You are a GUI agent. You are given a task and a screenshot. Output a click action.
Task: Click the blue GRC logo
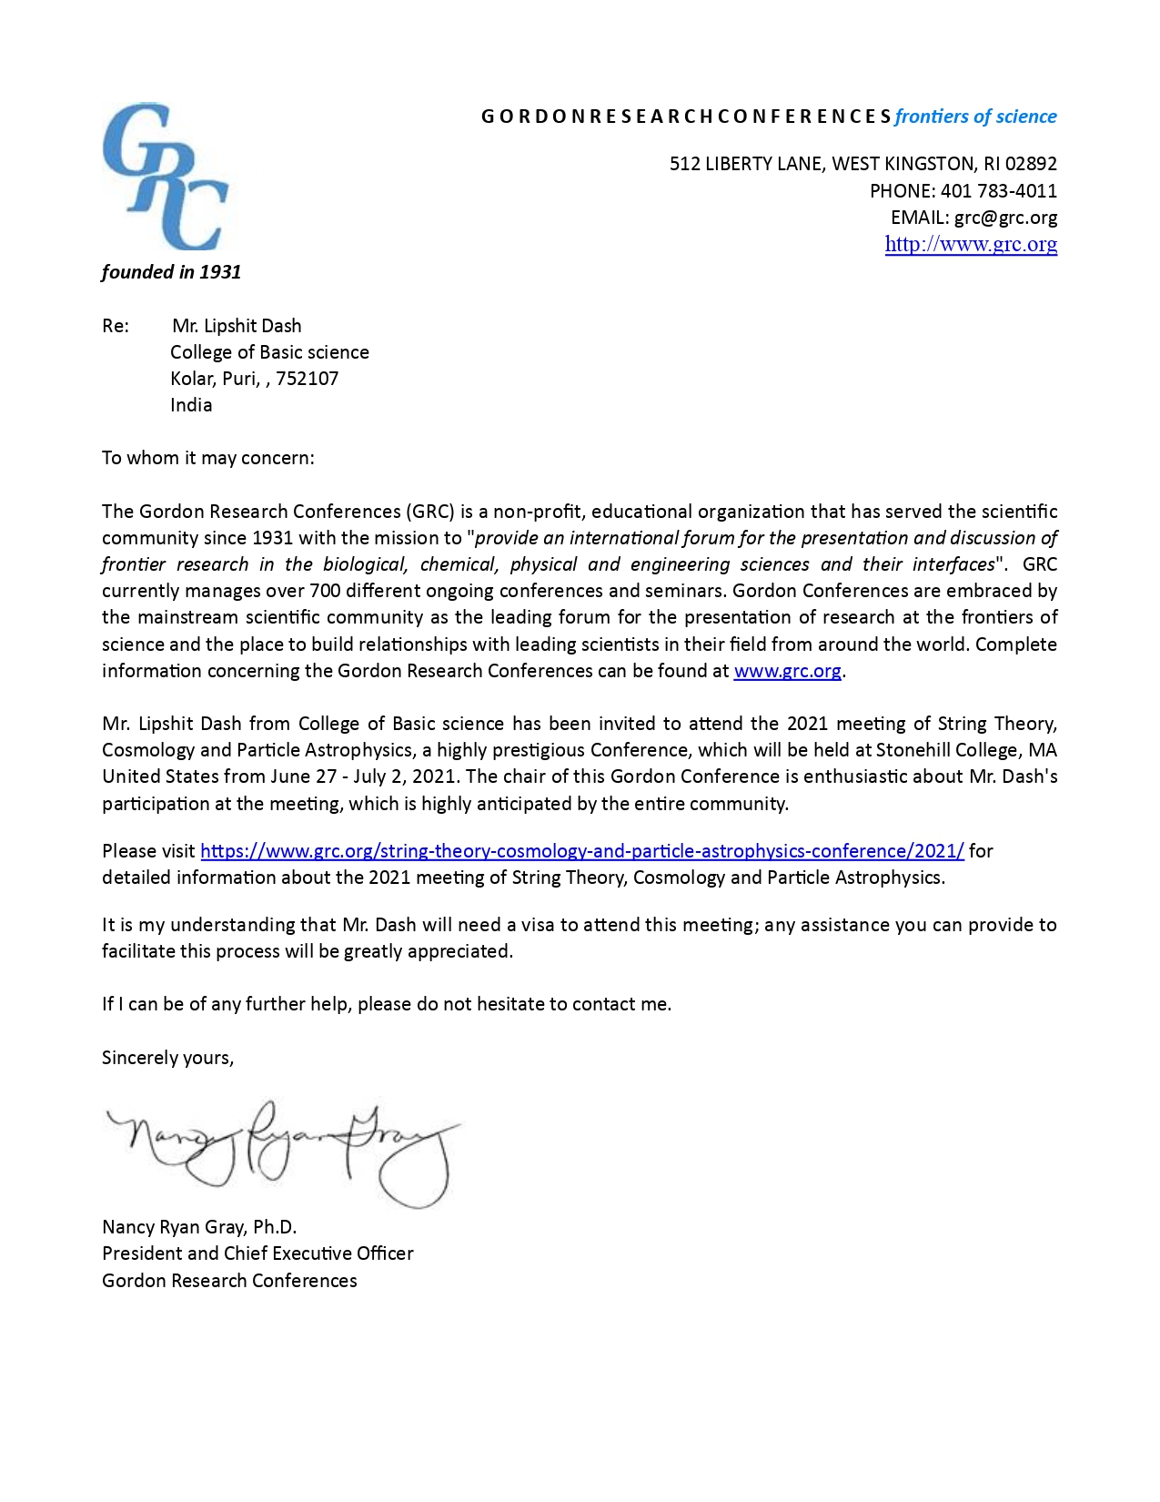[x=165, y=177]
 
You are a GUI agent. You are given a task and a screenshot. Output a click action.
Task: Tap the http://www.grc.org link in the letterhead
[x=971, y=244]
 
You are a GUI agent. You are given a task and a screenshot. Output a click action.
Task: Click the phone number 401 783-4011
[x=998, y=191]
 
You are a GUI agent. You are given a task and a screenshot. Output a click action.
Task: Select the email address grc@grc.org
[x=1005, y=218]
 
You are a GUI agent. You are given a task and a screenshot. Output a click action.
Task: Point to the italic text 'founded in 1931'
[x=171, y=272]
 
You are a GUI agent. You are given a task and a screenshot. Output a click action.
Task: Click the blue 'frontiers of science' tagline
[x=975, y=117]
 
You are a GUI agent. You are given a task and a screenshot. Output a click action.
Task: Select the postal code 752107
[x=308, y=379]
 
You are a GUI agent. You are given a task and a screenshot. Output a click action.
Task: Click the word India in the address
[x=191, y=405]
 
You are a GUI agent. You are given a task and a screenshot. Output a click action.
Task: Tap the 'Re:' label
[x=116, y=326]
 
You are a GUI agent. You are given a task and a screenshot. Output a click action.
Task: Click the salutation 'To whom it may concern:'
[x=207, y=458]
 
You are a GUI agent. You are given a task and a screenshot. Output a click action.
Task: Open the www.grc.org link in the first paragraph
[x=787, y=671]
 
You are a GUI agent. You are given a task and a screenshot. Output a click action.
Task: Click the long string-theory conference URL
[x=581, y=851]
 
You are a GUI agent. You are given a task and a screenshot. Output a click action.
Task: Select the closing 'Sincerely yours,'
[x=167, y=1058]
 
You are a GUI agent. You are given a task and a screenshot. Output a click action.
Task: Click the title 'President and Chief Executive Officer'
[x=257, y=1253]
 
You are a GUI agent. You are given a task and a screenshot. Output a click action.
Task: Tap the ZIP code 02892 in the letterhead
[x=1031, y=164]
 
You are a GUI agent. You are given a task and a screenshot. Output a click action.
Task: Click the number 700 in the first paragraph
[x=325, y=591]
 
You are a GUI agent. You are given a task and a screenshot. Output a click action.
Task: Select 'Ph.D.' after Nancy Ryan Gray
[x=275, y=1227]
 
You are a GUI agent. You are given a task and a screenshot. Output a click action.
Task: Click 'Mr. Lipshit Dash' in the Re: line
[x=237, y=326]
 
